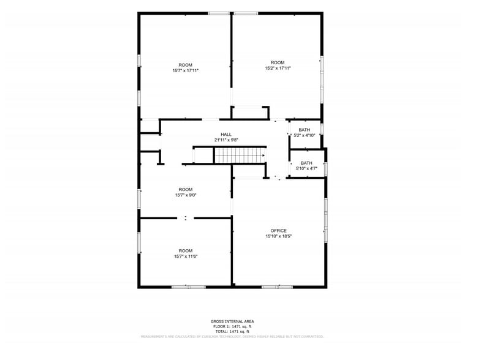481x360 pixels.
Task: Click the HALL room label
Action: pyautogui.click(x=226, y=134)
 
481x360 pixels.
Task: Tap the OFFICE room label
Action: pyautogui.click(x=279, y=231)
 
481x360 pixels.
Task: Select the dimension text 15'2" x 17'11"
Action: pyautogui.click(x=278, y=68)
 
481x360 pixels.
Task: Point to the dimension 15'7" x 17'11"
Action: pyautogui.click(x=185, y=70)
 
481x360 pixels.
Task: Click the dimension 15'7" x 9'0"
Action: pyautogui.click(x=185, y=195)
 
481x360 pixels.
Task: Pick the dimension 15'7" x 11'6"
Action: pyautogui.click(x=185, y=256)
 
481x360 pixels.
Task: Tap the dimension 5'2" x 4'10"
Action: pyautogui.click(x=305, y=135)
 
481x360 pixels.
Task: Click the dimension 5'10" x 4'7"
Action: pyautogui.click(x=306, y=168)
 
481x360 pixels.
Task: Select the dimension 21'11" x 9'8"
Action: pyautogui.click(x=226, y=140)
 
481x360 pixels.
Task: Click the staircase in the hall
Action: pyautogui.click(x=239, y=156)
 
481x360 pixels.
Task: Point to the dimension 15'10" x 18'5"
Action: pyautogui.click(x=279, y=236)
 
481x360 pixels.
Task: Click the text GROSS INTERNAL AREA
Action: pyautogui.click(x=232, y=321)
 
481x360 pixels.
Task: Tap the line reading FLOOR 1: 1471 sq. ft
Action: pyautogui.click(x=232, y=326)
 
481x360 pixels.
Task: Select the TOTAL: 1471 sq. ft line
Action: pyautogui.click(x=232, y=331)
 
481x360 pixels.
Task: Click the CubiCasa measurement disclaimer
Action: pyautogui.click(x=232, y=336)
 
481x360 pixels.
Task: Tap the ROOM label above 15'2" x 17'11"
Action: pyautogui.click(x=278, y=62)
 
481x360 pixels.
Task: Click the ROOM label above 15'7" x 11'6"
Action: pyautogui.click(x=185, y=250)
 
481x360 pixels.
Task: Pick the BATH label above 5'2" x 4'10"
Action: pyautogui.click(x=305, y=130)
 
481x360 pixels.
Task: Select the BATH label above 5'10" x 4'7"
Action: pyautogui.click(x=306, y=163)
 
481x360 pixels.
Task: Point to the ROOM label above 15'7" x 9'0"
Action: pyautogui.click(x=185, y=190)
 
